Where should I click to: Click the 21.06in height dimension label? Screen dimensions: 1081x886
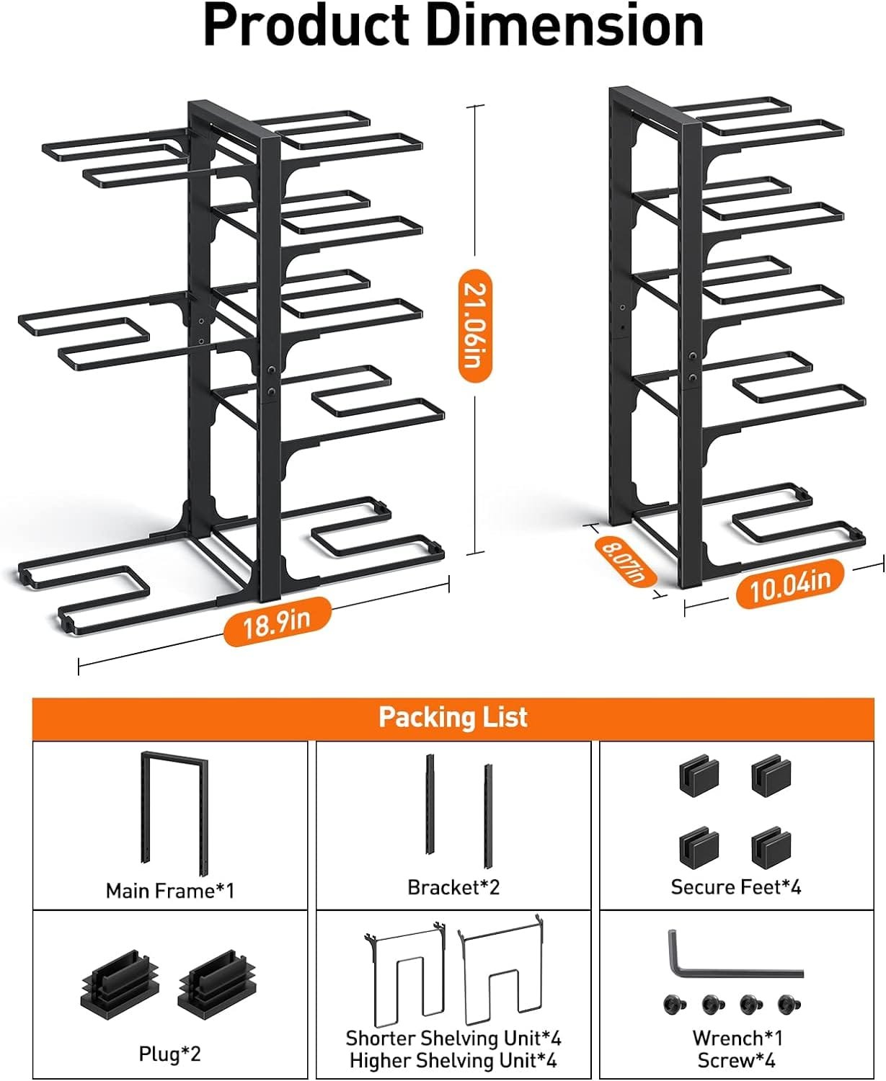pyautogui.click(x=474, y=324)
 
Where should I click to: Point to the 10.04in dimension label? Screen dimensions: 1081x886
pyautogui.click(x=789, y=584)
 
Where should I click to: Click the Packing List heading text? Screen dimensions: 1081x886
pyautogui.click(x=453, y=717)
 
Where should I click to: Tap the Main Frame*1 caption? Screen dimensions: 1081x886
pyautogui.click(x=170, y=891)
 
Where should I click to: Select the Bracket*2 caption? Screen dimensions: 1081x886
pyautogui.click(x=453, y=887)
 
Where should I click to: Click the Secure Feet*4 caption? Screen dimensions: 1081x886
pyautogui.click(x=735, y=887)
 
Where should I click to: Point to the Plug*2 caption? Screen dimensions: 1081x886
pyautogui.click(x=170, y=1054)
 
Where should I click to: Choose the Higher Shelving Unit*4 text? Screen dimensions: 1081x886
pyautogui.click(x=453, y=1061)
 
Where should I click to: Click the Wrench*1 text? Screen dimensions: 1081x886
pyautogui.click(x=737, y=1038)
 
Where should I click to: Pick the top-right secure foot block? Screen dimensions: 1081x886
pyautogui.click(x=771, y=776)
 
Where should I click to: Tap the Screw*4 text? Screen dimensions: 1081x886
pyautogui.click(x=737, y=1061)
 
